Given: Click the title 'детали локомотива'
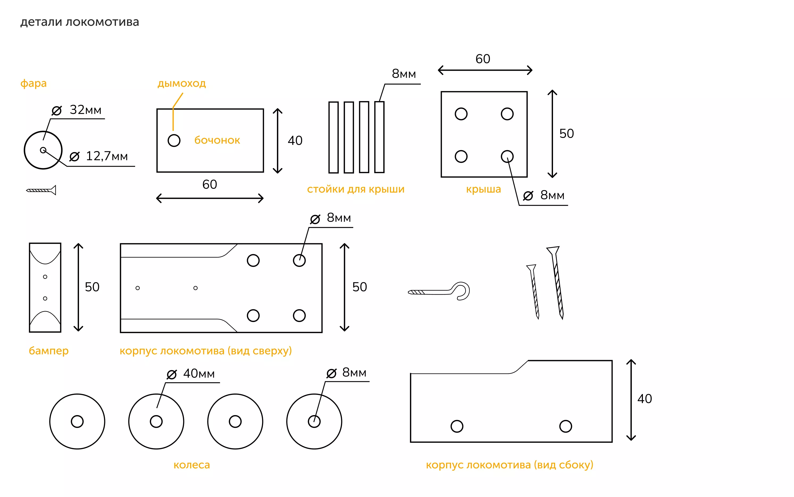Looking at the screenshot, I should pyautogui.click(x=80, y=22).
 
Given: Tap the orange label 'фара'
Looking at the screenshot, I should pyautogui.click(x=34, y=83).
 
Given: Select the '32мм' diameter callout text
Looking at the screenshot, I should pyautogui.click(x=85, y=110).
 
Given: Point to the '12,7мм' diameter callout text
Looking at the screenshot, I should pyautogui.click(x=106, y=156).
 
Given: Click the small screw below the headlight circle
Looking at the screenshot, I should pyautogui.click(x=41, y=190).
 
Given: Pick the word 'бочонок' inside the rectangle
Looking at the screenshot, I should pyautogui.click(x=217, y=140).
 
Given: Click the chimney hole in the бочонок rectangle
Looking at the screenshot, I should pyautogui.click(x=174, y=140).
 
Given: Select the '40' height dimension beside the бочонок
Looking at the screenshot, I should pyautogui.click(x=295, y=141).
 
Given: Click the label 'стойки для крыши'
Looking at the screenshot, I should pyautogui.click(x=355, y=189).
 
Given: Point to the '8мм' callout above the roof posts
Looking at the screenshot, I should pyautogui.click(x=404, y=74).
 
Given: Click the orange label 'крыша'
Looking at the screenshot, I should pyautogui.click(x=483, y=189).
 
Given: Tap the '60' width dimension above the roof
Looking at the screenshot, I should pyautogui.click(x=483, y=59).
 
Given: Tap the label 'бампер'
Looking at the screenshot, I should pyautogui.click(x=49, y=351).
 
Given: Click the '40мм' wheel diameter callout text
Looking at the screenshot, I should pyautogui.click(x=199, y=374).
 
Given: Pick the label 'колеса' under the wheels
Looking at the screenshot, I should pyautogui.click(x=192, y=465).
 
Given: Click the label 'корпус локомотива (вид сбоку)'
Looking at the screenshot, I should pyautogui.click(x=509, y=465).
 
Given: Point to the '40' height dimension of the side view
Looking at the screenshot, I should pyautogui.click(x=645, y=399).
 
